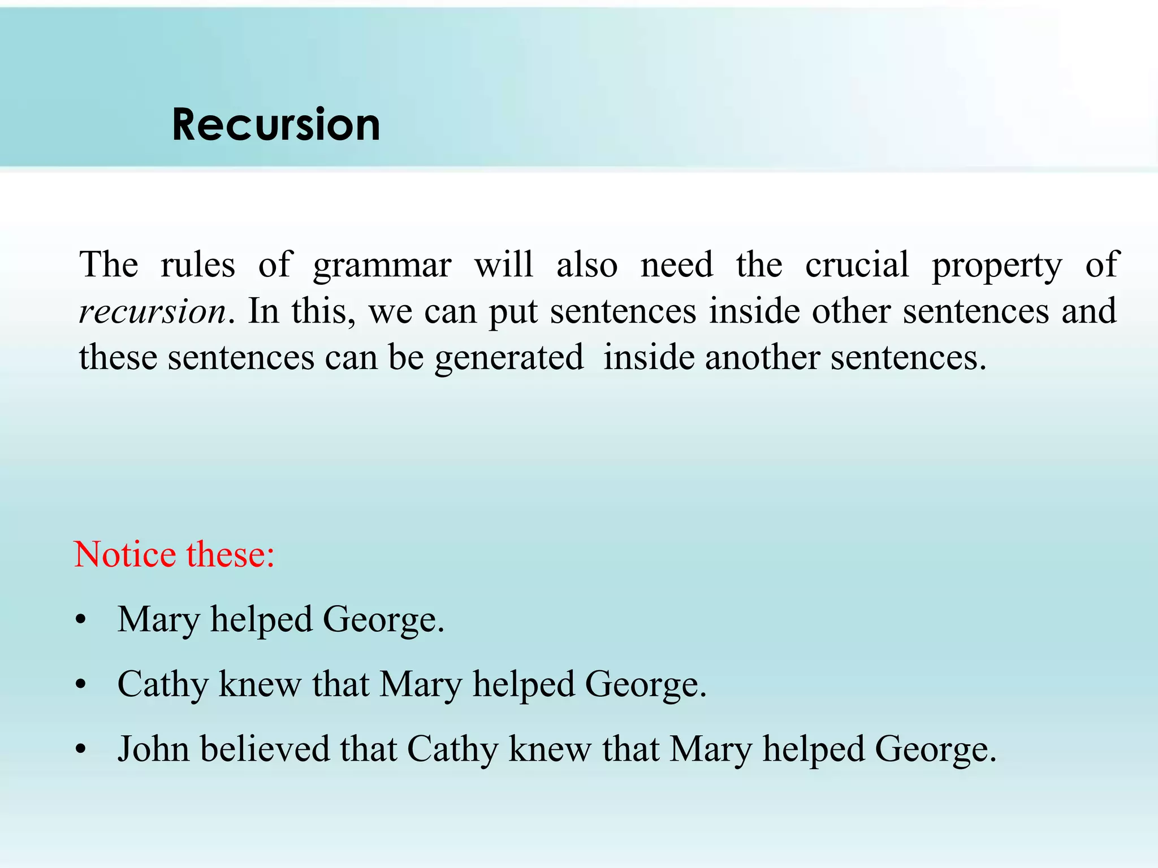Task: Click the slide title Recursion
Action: [276, 125]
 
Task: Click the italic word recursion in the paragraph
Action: [153, 311]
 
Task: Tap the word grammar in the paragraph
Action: [382, 266]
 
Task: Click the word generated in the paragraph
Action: [509, 358]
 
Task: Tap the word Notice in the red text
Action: [125, 554]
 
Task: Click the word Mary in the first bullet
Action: [159, 620]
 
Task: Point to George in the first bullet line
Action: [383, 620]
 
